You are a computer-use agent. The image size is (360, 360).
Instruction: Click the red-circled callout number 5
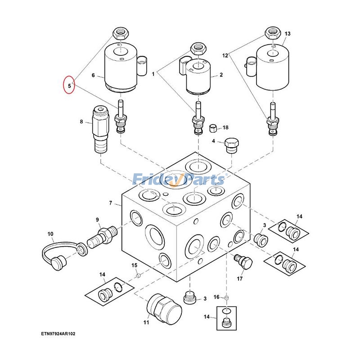pos(69,84)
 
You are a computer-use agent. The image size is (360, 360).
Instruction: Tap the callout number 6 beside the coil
pos(93,75)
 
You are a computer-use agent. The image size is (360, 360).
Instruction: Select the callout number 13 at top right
pos(288,34)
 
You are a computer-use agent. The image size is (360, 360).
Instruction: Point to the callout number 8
pos(81,121)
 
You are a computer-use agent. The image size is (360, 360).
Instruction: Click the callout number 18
pos(225,128)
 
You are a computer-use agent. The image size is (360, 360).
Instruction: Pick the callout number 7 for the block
pos(111,203)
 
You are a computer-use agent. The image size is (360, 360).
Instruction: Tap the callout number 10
pos(50,234)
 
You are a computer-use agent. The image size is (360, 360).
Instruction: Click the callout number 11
pos(146,322)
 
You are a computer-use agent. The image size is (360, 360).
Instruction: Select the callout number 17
pos(240,279)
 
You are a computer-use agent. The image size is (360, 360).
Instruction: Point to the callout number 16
pos(216,297)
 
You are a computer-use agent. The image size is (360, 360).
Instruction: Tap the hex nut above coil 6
pos(120,33)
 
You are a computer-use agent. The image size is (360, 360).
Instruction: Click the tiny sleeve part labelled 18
pos(214,129)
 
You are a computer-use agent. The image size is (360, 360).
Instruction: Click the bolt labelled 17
pos(243,262)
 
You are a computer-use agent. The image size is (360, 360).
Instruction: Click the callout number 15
pos(134,265)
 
